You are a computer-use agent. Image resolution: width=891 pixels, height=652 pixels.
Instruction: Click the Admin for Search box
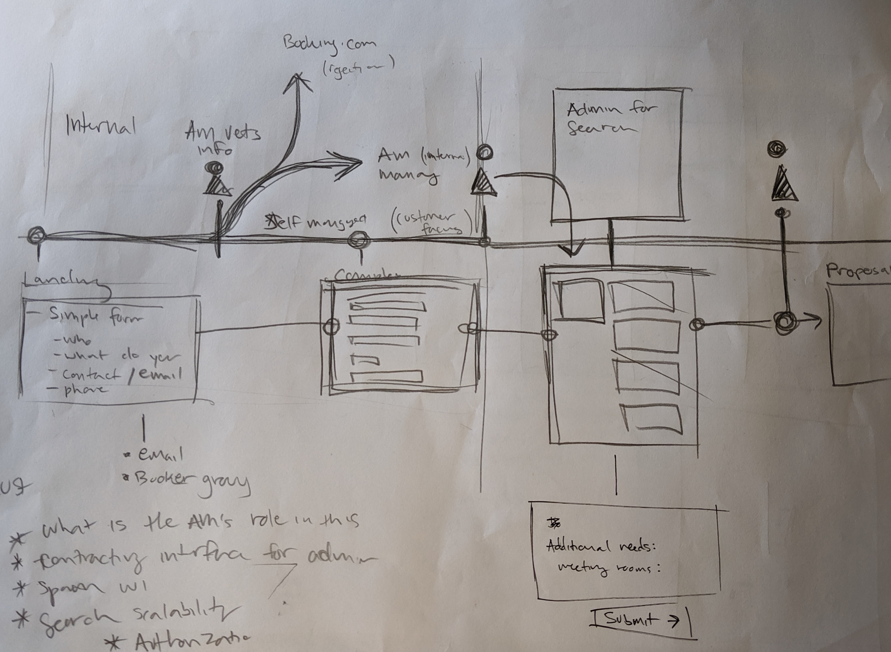[x=618, y=154]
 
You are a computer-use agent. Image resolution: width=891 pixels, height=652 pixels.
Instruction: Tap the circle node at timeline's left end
[x=37, y=236]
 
